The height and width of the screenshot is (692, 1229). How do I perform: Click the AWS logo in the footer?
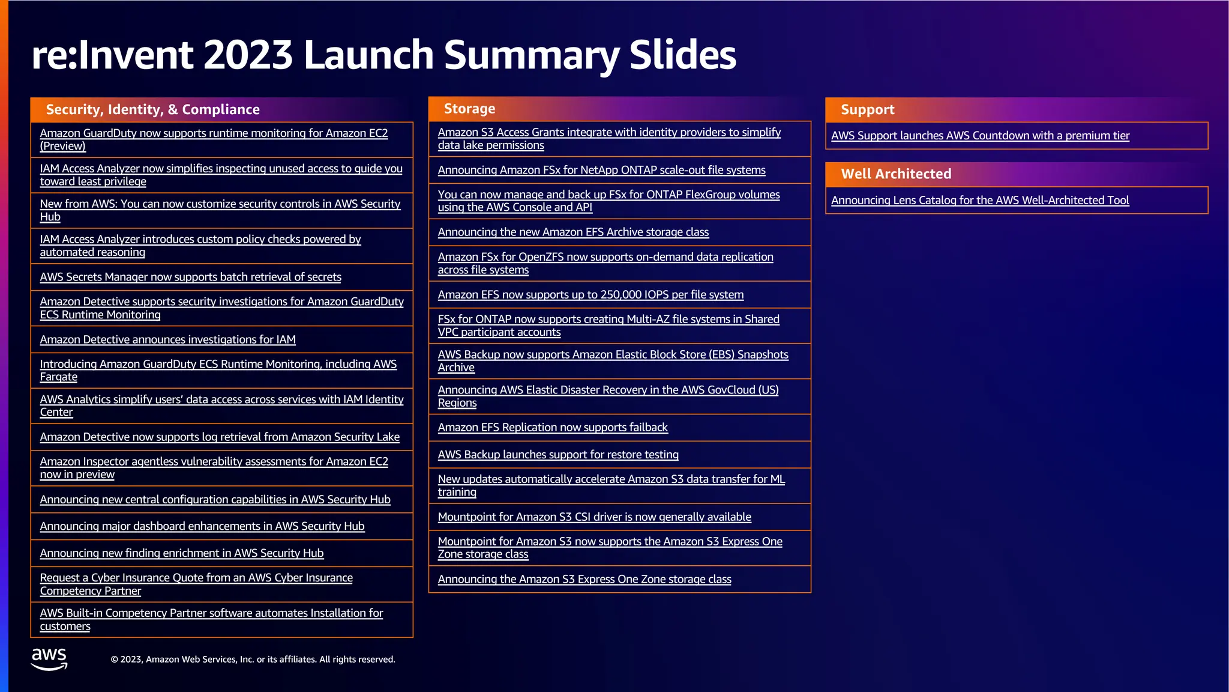[x=49, y=658]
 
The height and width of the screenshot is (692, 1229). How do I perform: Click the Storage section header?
[x=469, y=109]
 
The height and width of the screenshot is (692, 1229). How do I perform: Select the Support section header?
[x=867, y=109]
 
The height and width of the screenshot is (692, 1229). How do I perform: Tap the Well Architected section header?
[x=896, y=174]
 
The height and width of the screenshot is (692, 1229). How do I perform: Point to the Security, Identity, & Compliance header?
[x=153, y=109]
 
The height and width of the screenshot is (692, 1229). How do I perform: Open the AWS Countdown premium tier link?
[x=980, y=136]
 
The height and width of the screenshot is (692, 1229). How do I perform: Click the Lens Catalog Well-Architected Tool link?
[x=980, y=201]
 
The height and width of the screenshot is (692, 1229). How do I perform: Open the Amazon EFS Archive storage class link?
[x=573, y=232]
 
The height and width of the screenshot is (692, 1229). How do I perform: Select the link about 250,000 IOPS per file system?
[x=590, y=295]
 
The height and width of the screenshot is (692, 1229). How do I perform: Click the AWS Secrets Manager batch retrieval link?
[x=190, y=277]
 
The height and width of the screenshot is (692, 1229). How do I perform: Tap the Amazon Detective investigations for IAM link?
[x=167, y=340]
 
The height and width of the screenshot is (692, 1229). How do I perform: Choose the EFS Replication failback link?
[x=553, y=428]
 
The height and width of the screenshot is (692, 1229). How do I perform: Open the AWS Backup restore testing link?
[x=558, y=455]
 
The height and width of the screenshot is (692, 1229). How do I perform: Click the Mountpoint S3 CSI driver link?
[x=594, y=517]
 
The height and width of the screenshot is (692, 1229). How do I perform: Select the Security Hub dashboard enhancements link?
[x=202, y=526]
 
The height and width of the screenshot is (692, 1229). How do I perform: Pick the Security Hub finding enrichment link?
[x=182, y=553]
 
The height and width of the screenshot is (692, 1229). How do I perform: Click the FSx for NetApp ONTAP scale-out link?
[x=601, y=171]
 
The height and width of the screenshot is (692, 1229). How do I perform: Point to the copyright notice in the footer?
[x=253, y=660]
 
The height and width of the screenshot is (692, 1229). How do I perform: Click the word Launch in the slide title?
[x=368, y=55]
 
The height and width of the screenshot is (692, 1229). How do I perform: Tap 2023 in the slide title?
[x=248, y=55]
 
